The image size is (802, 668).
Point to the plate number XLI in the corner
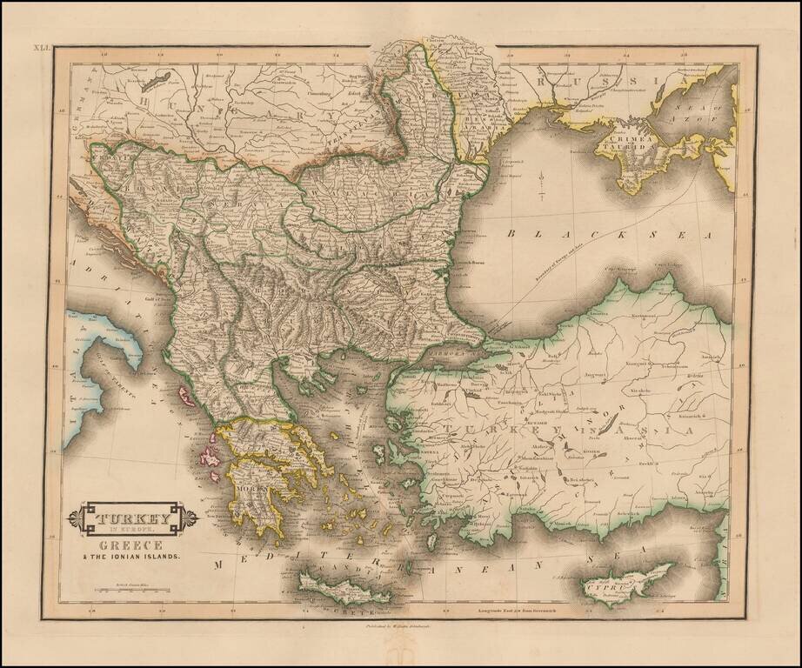(43, 50)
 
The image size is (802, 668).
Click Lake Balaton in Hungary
(155, 80)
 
